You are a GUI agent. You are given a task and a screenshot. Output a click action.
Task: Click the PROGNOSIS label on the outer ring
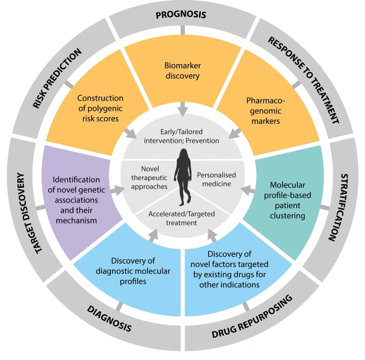181,14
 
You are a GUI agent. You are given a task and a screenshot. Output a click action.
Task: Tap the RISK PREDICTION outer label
57,79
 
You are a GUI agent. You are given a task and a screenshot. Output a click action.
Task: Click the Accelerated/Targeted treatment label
182,218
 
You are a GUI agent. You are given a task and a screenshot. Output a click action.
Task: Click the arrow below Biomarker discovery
181,110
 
